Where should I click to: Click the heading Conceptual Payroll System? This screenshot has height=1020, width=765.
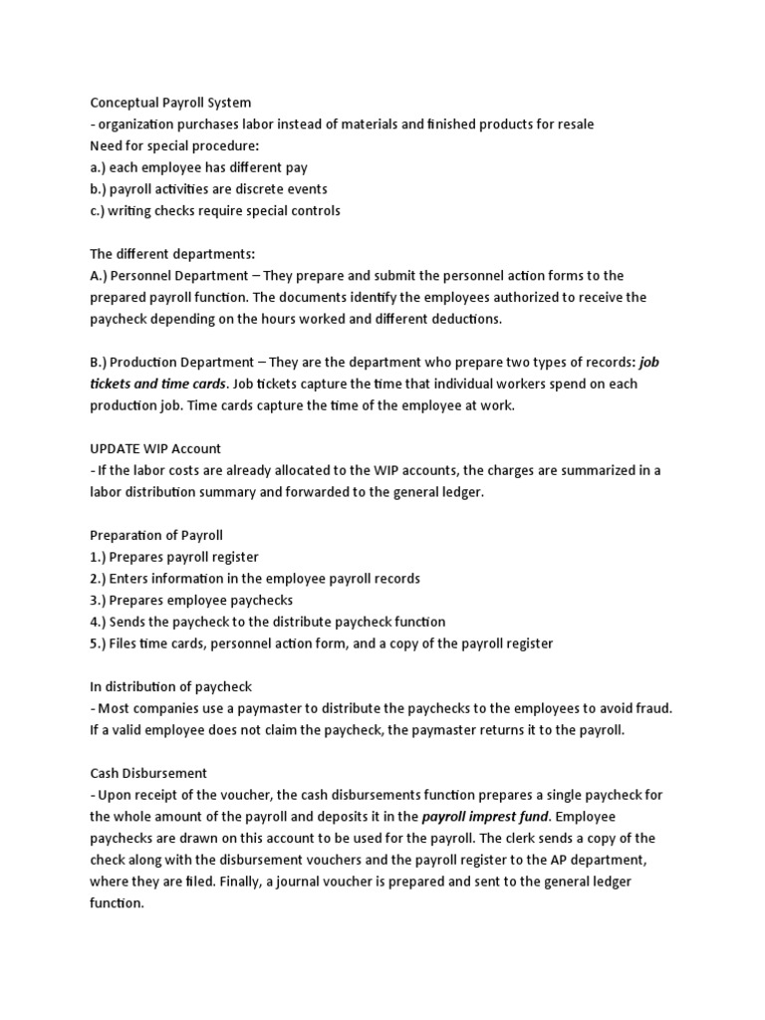(170, 103)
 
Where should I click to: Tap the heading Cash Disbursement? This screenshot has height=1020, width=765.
(149, 773)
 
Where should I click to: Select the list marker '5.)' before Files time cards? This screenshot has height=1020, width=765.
(101, 643)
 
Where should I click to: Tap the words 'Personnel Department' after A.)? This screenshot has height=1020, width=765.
(191, 276)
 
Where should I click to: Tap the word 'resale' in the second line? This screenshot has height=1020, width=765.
(572, 125)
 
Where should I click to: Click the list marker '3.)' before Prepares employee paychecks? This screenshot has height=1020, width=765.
(101, 600)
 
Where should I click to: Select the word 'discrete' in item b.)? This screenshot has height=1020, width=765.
(270, 189)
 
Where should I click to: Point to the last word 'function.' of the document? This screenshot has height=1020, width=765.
(118, 903)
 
